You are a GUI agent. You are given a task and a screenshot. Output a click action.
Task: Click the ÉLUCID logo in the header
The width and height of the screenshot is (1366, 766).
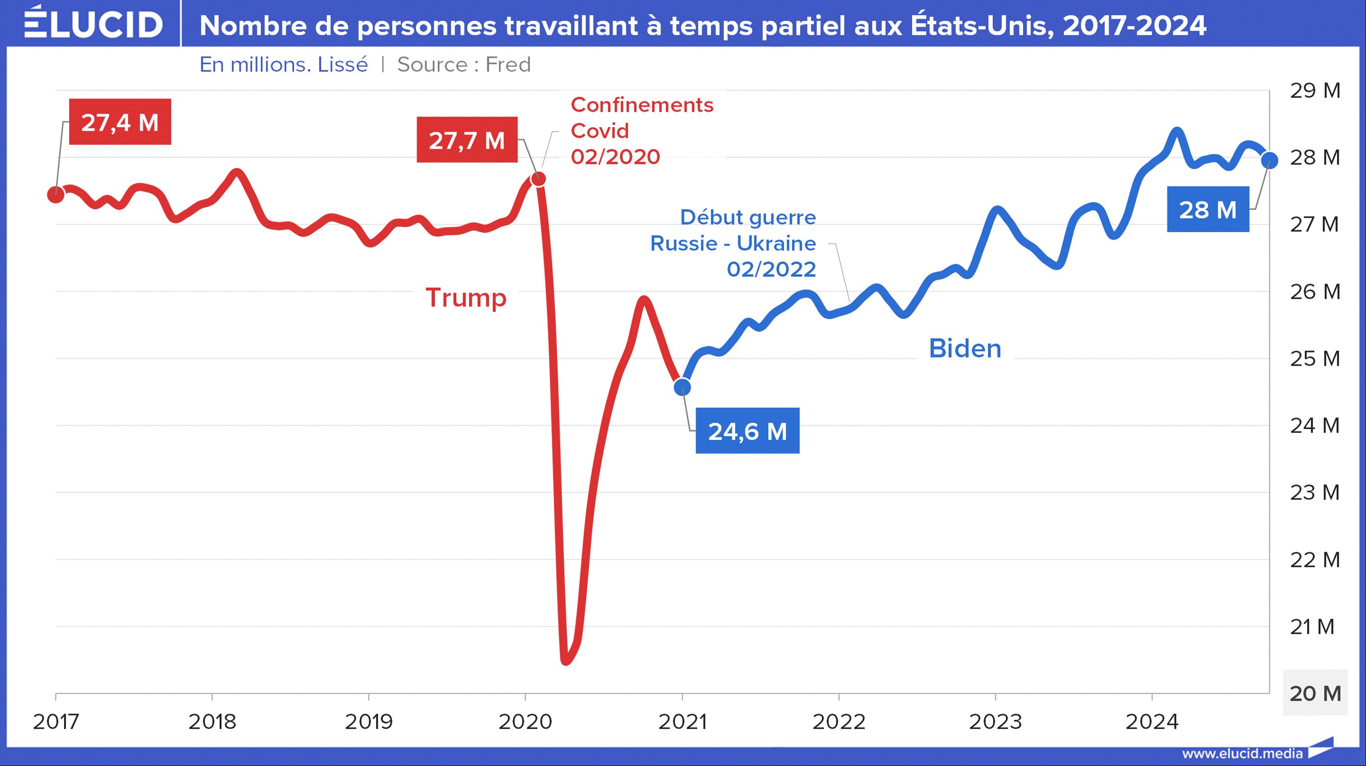pos(93,23)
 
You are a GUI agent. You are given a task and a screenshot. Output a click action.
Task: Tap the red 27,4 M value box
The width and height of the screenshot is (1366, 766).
pos(120,122)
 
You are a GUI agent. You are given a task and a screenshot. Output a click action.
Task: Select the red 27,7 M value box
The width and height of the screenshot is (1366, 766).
pos(466,140)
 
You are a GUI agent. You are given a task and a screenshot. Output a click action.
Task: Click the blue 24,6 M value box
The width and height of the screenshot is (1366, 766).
pos(747,431)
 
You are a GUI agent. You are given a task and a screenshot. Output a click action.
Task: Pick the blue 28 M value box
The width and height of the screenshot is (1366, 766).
pos(1207,210)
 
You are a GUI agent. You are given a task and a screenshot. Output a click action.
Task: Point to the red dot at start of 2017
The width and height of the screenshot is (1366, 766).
pos(55,195)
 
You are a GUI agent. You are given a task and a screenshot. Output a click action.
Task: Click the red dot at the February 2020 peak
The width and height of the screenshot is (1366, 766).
pos(538,179)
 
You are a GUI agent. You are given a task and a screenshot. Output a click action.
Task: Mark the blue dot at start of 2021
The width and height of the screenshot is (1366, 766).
pos(683,387)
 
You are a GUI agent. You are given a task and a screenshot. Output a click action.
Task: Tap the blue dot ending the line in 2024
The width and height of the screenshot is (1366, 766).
pos(1269,159)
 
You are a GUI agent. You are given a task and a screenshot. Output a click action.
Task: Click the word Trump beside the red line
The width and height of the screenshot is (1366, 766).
pos(466,297)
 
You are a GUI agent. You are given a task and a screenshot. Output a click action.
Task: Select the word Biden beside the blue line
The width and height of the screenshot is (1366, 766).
pos(964,348)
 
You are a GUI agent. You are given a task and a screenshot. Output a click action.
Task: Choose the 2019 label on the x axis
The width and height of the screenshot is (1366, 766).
pos(369,721)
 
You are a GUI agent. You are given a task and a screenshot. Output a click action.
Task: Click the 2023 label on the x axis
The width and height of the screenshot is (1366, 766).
pos(996,721)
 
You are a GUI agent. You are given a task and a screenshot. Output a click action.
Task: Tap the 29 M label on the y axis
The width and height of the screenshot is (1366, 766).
pos(1315,91)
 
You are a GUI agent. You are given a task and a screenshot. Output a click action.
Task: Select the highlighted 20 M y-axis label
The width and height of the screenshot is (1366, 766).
pos(1315,693)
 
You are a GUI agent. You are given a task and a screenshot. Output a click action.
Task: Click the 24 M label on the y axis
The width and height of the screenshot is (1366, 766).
pos(1315,425)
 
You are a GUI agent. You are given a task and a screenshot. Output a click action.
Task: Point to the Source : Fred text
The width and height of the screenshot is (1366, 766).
pos(464,64)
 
